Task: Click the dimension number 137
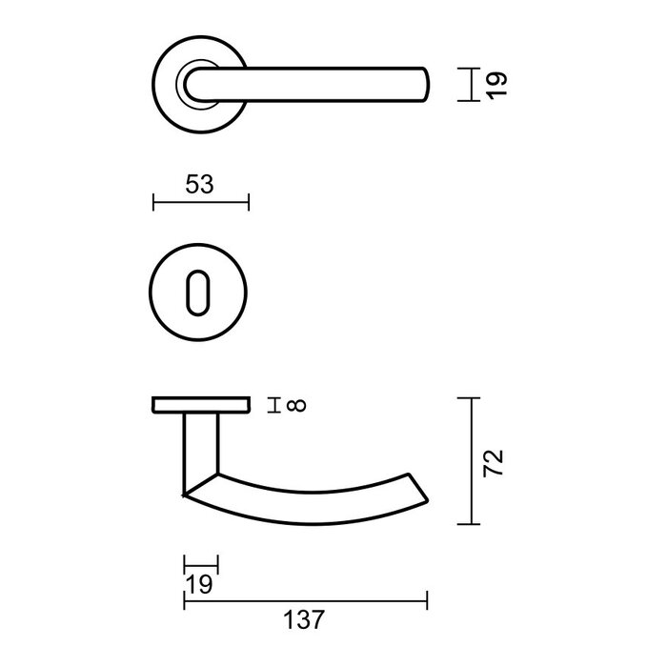(305, 620)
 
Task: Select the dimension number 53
(199, 185)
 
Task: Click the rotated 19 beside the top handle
(493, 84)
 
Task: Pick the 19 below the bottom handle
(199, 583)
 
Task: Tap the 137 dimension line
(305, 599)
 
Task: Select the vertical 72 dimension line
(472, 461)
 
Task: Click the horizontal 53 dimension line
(200, 202)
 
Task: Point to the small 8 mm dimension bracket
(275, 407)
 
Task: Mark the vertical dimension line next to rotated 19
(471, 84)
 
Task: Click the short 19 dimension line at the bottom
(200, 563)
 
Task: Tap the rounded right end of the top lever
(425, 84)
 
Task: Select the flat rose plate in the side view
(200, 407)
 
